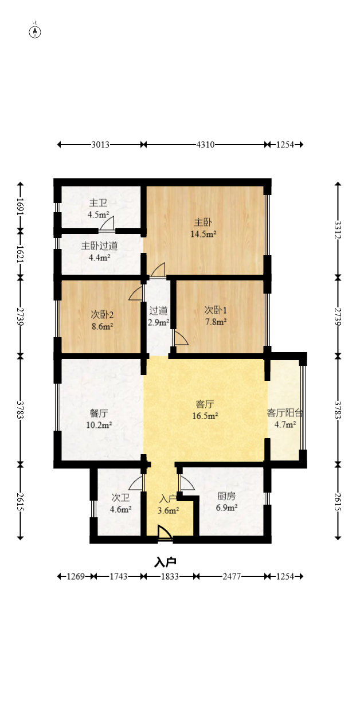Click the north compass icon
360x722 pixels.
36,31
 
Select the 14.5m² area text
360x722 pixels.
203,234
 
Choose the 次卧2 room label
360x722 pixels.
102,314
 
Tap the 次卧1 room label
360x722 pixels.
216,310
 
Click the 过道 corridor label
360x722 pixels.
158,311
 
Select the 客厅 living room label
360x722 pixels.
205,404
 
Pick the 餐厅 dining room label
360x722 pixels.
99,413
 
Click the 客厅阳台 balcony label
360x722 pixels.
285,413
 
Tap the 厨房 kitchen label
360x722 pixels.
226,496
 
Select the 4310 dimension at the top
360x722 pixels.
205,145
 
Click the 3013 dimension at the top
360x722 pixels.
100,145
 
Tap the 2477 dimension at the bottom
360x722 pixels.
230,576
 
